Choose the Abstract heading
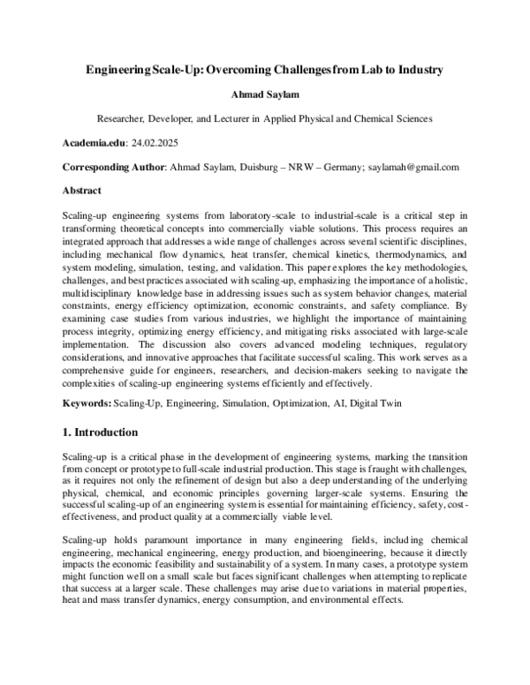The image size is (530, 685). (82, 190)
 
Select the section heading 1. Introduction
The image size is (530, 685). (100, 433)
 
